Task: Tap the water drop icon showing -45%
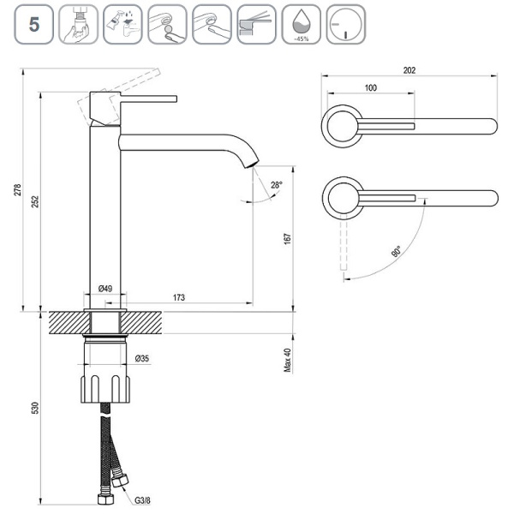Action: (x=301, y=22)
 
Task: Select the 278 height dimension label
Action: (x=18, y=190)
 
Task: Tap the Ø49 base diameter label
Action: (x=105, y=289)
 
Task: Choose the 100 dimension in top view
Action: (x=370, y=88)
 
